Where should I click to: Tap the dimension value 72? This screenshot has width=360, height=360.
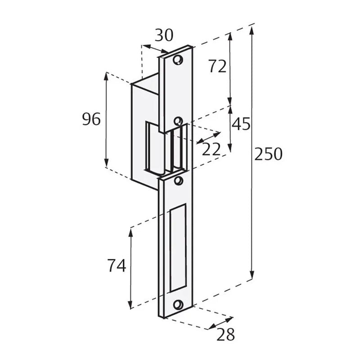click(x=217, y=67)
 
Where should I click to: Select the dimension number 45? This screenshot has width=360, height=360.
click(x=241, y=124)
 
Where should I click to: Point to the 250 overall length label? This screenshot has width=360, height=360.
click(x=268, y=154)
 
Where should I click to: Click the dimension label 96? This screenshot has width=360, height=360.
click(x=91, y=120)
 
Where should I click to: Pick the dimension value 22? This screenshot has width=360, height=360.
click(x=211, y=149)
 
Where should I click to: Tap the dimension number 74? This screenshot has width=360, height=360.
click(x=116, y=266)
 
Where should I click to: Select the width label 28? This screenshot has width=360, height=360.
click(x=225, y=334)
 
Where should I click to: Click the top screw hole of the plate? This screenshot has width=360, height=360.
click(x=179, y=59)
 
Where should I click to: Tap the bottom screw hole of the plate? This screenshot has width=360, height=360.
click(x=179, y=304)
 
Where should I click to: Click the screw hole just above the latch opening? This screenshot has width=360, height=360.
click(x=178, y=120)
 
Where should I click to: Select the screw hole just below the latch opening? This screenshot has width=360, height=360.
click(x=179, y=181)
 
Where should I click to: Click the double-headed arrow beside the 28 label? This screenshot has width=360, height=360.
click(x=221, y=324)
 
